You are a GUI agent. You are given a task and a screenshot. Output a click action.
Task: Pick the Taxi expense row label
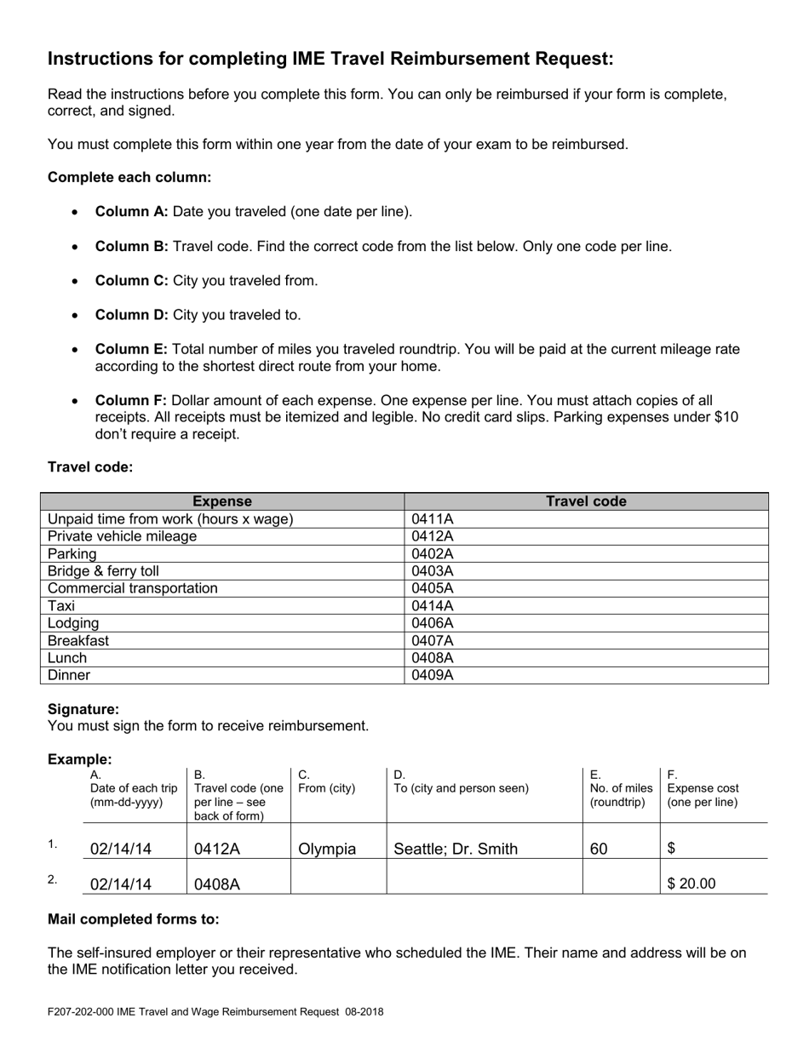[x=61, y=606]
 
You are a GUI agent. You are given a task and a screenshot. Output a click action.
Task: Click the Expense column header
[x=222, y=501]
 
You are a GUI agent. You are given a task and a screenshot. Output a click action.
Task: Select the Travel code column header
[x=586, y=501]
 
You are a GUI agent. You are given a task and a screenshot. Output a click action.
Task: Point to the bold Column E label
[x=131, y=349]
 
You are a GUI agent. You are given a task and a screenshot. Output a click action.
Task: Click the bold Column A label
[x=131, y=211]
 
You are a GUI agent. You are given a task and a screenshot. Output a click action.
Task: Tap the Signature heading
[x=83, y=709]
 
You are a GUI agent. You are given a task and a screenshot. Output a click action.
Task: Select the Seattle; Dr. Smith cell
[x=455, y=849]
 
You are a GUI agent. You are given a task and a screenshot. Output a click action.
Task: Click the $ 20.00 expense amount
[x=691, y=884]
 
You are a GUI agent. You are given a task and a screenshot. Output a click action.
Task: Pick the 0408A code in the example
[x=217, y=884]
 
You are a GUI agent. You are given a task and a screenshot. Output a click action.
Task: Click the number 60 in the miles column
[x=599, y=849]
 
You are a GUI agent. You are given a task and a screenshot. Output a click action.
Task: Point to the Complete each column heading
[x=129, y=177]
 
